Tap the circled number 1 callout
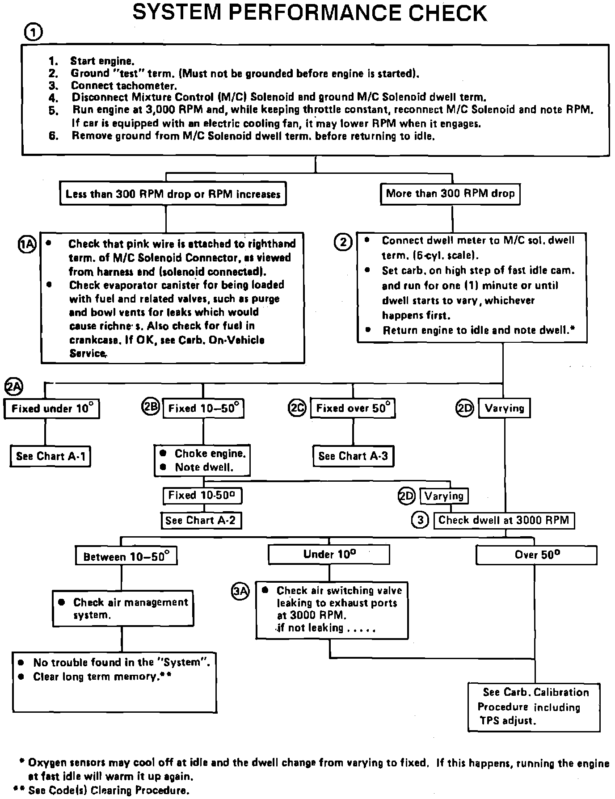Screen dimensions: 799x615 [34, 33]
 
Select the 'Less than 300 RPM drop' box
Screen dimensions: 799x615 [173, 194]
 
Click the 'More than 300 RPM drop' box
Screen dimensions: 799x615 [450, 194]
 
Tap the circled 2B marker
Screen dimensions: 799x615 [150, 408]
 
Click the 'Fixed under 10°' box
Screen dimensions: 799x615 [52, 408]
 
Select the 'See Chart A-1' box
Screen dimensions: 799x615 [51, 456]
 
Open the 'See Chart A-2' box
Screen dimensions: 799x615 [201, 520]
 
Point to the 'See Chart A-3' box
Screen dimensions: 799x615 [353, 456]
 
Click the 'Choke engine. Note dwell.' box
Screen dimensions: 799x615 [202, 460]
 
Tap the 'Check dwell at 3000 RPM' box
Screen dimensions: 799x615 [504, 520]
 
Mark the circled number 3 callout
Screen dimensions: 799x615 [420, 520]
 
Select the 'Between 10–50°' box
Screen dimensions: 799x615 [126, 556]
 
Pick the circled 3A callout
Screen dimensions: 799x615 [240, 591]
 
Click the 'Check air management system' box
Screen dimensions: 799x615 [123, 608]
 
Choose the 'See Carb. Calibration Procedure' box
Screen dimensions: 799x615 [534, 706]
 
